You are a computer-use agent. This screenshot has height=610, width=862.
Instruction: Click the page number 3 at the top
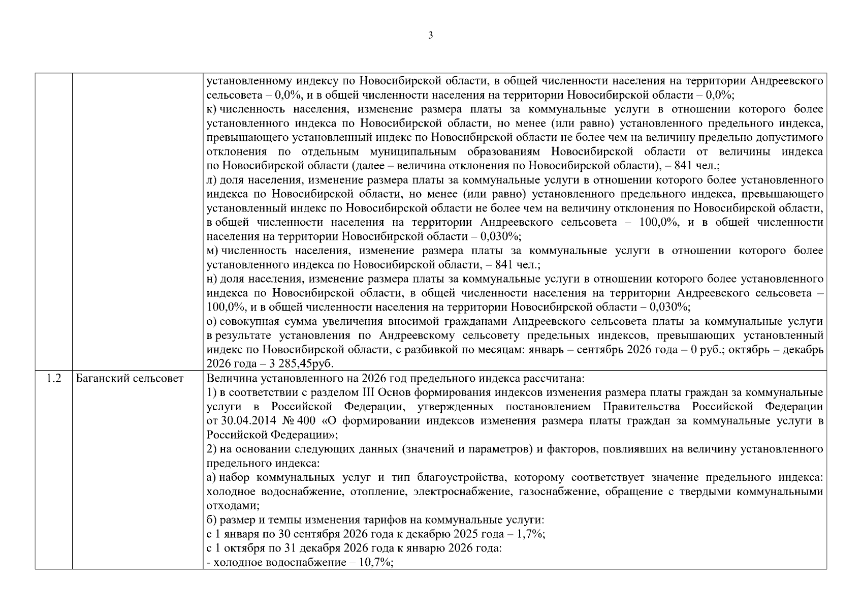click(x=431, y=36)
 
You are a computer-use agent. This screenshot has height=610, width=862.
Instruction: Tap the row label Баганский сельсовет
click(x=130, y=378)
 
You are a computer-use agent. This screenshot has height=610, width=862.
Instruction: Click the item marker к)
click(x=212, y=109)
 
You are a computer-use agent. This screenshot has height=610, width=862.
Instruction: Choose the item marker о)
click(x=212, y=321)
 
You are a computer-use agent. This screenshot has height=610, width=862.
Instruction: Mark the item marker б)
click(x=212, y=520)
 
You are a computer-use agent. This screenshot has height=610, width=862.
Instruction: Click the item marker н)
click(x=212, y=279)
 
